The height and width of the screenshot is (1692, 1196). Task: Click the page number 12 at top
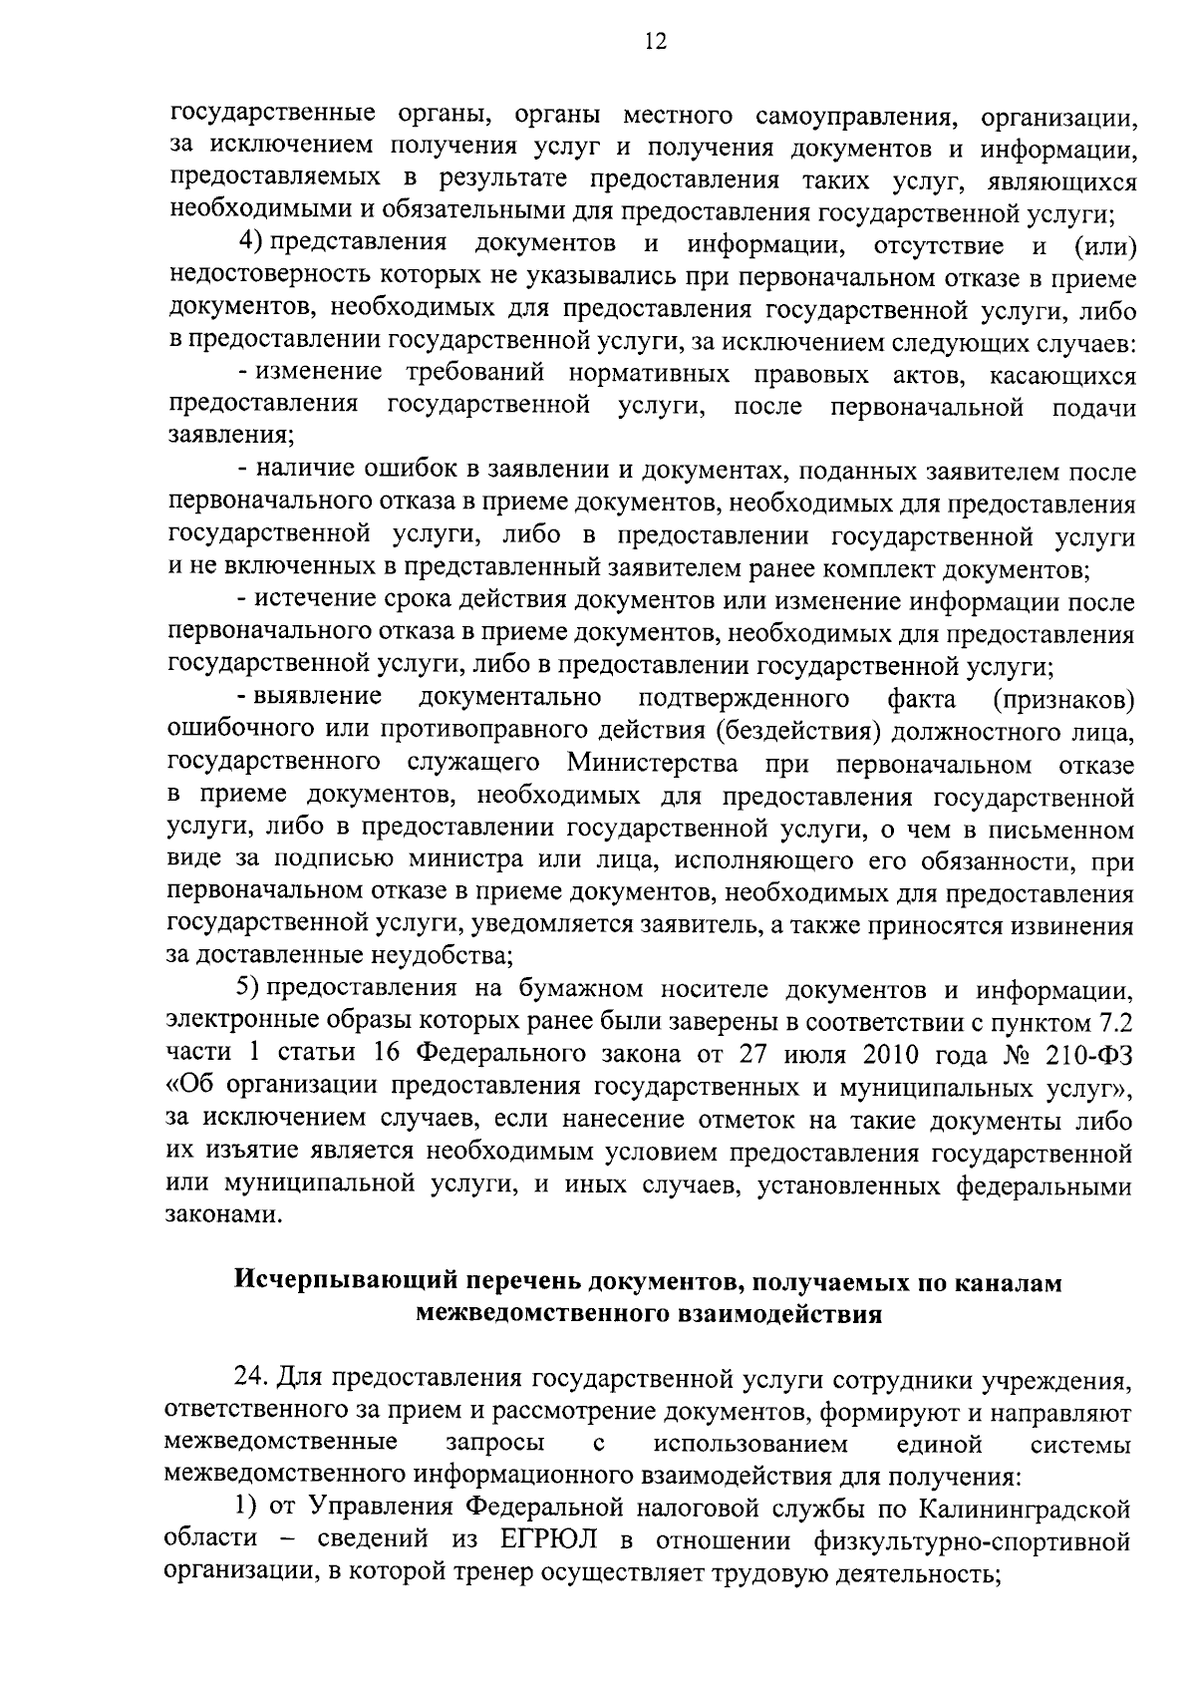655,41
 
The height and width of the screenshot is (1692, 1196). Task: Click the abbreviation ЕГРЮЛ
543,1540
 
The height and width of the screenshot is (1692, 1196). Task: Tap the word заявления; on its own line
231,437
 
